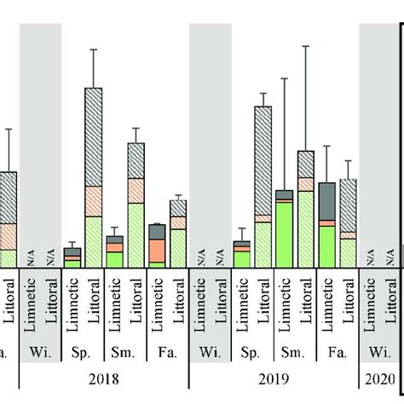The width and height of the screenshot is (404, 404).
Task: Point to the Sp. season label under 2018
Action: click(x=82, y=351)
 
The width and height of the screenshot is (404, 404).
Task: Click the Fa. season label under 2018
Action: click(x=167, y=351)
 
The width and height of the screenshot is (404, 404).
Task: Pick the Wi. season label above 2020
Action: click(x=380, y=351)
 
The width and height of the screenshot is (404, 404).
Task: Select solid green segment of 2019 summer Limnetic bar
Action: click(x=285, y=234)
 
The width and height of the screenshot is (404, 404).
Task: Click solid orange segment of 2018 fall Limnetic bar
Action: click(x=157, y=250)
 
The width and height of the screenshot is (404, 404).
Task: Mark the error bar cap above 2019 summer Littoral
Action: click(x=306, y=46)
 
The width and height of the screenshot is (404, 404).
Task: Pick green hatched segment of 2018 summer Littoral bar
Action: click(x=136, y=235)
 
